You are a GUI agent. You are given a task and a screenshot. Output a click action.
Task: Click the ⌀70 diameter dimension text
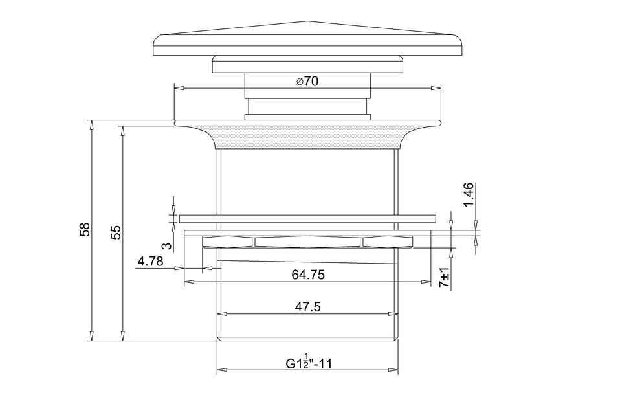tap(307, 81)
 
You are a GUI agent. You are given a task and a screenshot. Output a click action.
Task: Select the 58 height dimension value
tap(85, 229)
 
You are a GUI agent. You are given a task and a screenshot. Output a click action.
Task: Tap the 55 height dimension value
tap(116, 232)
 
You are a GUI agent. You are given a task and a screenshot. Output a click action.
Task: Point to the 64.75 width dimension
tap(308, 274)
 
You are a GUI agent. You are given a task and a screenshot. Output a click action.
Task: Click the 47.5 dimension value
tap(308, 306)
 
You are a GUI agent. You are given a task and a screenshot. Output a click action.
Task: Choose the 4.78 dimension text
tap(151, 261)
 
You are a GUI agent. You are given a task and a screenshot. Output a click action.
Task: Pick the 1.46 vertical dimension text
tap(469, 195)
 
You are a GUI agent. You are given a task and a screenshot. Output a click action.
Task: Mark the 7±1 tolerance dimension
tap(445, 277)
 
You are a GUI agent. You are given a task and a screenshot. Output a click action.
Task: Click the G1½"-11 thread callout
tap(309, 361)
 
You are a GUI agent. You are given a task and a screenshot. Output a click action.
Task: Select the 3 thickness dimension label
tap(166, 245)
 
